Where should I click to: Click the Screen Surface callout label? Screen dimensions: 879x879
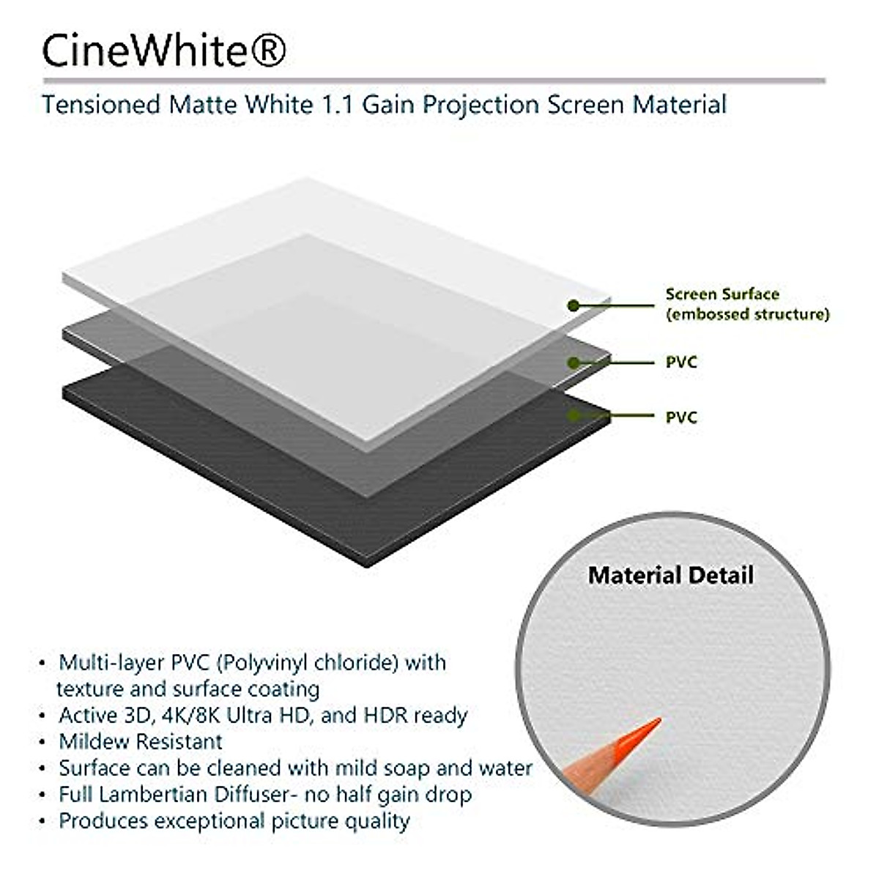click(x=722, y=294)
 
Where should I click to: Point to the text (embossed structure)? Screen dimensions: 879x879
click(x=747, y=314)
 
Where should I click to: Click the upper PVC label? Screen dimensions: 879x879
click(x=681, y=362)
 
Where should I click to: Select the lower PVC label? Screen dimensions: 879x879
click(x=681, y=418)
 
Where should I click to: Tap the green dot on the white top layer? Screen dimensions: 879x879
click(x=574, y=305)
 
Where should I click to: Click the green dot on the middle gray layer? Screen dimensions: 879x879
click(x=574, y=362)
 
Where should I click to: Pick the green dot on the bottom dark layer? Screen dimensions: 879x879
click(x=574, y=416)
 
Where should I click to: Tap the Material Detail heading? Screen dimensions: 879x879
click(x=670, y=575)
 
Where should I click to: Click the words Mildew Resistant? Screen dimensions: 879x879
click(x=141, y=741)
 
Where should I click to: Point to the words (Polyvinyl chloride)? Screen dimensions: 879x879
click(x=308, y=663)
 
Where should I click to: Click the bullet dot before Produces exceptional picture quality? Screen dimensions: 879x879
click(x=42, y=822)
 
